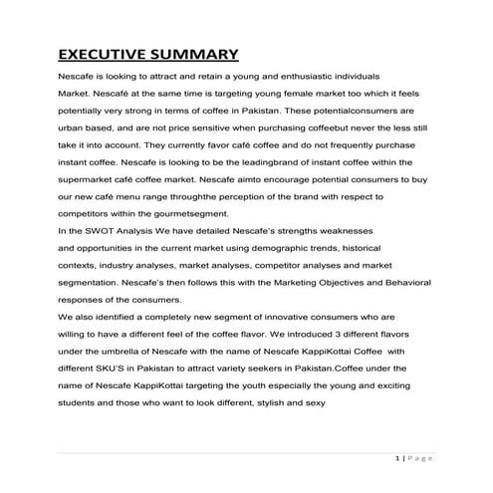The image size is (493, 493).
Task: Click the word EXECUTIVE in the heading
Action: [108, 54]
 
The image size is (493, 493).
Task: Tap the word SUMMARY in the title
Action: [197, 54]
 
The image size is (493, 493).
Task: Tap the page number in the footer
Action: [397, 457]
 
